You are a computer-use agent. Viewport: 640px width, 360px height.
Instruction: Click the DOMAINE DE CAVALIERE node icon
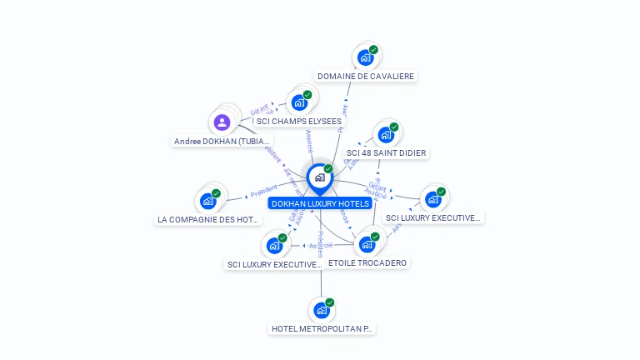coord(364,57)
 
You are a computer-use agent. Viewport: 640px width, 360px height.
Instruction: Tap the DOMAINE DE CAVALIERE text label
coord(365,76)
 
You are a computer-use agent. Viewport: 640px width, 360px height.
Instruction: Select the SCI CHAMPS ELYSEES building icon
coord(298,103)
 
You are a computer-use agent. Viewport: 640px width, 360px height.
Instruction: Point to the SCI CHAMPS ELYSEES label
coord(298,121)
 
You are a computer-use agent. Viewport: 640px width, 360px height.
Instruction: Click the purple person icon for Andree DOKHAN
coord(222,122)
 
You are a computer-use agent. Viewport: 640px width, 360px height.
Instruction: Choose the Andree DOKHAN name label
coord(222,141)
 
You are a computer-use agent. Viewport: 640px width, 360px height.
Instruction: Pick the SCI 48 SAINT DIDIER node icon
coord(385,134)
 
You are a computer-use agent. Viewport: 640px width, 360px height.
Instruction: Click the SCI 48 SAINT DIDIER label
coord(387,153)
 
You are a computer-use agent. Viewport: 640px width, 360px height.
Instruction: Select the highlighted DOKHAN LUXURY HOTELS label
coord(320,203)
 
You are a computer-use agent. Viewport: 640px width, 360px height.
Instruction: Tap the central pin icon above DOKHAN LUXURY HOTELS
coord(319,177)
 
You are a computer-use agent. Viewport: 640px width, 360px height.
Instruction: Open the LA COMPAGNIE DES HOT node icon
coord(207,201)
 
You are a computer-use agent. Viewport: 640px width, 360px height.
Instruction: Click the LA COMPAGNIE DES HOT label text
coord(209,220)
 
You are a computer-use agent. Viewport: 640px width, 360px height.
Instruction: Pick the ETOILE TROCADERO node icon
coord(366,244)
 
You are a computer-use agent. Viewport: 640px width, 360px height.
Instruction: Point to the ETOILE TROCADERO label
coord(367,263)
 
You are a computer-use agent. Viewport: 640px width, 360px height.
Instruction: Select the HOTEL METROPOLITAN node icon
coord(321,310)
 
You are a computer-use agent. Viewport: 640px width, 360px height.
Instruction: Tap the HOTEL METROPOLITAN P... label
coord(322,329)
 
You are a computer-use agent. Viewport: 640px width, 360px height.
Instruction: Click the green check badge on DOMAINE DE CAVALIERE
coord(373,50)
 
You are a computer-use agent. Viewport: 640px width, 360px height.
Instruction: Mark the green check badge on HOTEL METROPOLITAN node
coord(330,302)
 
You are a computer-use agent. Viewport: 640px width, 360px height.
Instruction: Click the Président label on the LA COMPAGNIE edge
coord(263,190)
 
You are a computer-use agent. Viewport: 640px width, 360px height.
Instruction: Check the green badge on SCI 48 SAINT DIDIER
coord(394,127)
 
